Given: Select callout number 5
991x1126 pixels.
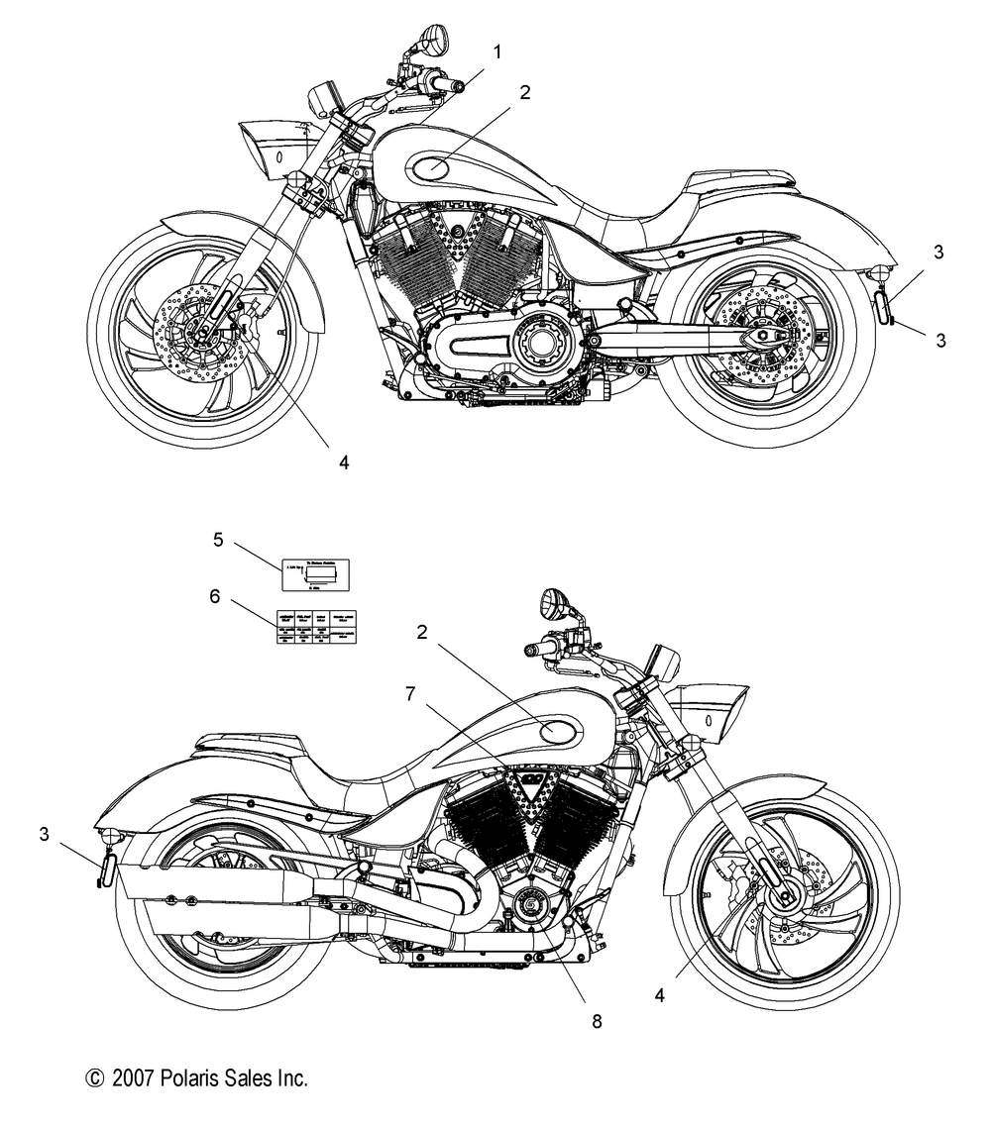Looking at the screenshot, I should tap(218, 539).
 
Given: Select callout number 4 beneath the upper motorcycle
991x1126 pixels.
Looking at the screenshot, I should tap(344, 461).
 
